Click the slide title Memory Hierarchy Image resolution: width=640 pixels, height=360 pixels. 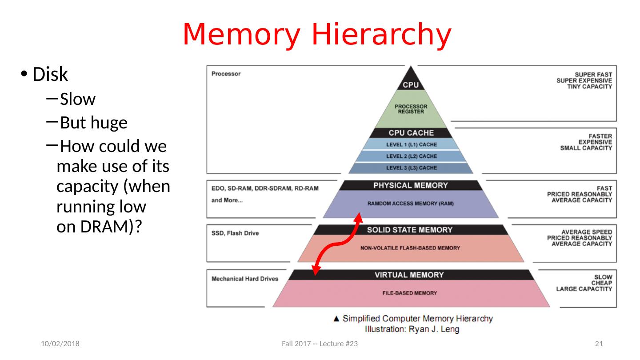(317, 35)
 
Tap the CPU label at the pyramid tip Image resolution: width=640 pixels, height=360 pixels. (411, 84)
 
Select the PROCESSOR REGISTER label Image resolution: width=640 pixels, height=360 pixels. (411, 109)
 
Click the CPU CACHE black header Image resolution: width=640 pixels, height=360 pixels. (411, 133)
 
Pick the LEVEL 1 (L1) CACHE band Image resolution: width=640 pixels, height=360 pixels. (411, 144)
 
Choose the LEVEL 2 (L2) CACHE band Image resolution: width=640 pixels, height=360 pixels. (411, 156)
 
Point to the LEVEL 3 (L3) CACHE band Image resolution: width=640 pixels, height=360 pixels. (411, 168)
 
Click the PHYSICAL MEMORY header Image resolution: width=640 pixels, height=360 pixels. (411, 185)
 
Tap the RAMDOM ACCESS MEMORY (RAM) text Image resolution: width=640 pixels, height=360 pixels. (411, 204)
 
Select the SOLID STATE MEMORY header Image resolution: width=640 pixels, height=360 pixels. (409, 230)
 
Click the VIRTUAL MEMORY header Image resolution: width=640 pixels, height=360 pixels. (409, 275)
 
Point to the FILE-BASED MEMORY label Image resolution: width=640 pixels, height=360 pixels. (409, 293)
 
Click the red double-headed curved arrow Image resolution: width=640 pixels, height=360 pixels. (337, 244)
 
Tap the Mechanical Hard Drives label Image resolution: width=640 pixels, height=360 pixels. (244, 279)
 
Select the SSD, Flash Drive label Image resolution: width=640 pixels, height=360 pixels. (235, 233)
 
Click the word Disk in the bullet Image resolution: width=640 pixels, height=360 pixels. (50, 75)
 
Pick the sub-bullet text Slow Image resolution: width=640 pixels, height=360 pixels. (78, 99)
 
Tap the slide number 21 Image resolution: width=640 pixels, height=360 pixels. (599, 344)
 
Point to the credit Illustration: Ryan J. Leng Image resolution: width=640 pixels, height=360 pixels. (412, 329)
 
